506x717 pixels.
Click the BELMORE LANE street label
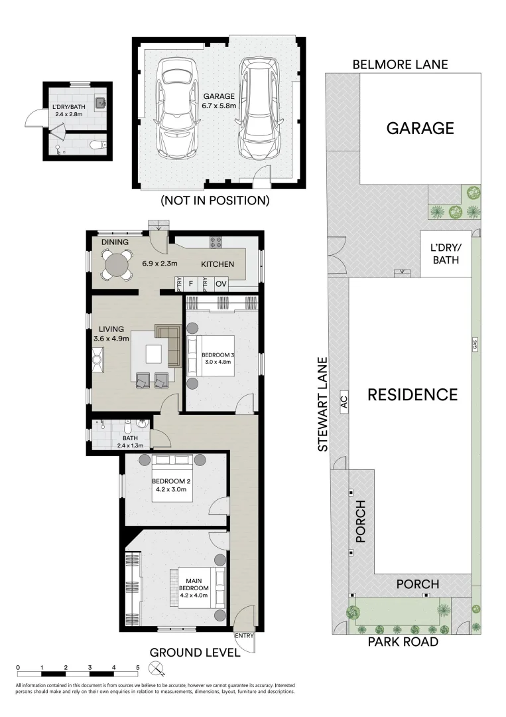tap(400, 64)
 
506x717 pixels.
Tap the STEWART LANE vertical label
tap(323, 404)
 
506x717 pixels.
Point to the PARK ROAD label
tap(405, 642)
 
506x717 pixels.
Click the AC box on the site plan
tap(344, 401)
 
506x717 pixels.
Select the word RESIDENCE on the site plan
tap(412, 395)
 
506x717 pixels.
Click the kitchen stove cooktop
tap(216, 242)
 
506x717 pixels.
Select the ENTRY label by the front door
tap(244, 635)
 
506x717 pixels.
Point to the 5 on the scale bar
tap(138, 668)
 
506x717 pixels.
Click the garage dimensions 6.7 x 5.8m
tap(220, 105)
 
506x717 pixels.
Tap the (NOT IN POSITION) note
tap(215, 200)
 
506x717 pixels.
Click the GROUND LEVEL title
tap(195, 653)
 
